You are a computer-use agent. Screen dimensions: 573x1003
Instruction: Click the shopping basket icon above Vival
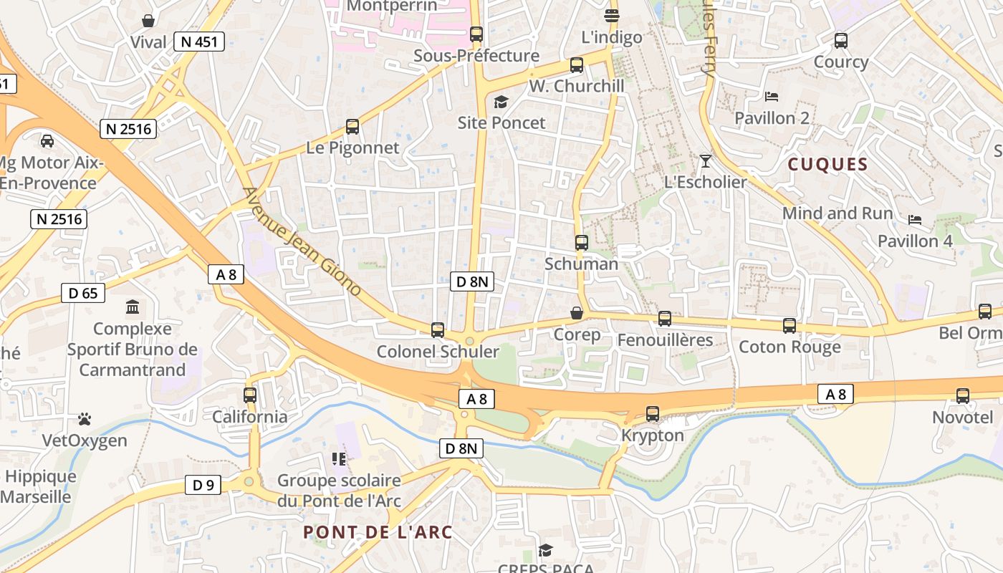tap(148, 20)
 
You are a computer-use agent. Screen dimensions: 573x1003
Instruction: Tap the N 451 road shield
tap(199, 42)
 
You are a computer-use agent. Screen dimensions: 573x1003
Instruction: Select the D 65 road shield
tap(83, 292)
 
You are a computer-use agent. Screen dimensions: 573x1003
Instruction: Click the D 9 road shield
tap(203, 485)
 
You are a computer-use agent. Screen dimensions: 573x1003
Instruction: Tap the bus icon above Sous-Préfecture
tap(476, 34)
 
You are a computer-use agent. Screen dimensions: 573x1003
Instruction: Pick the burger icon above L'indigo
tap(611, 15)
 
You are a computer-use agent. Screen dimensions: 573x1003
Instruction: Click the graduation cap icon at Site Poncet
tap(501, 102)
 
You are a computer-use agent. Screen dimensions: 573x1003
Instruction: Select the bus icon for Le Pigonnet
tap(352, 127)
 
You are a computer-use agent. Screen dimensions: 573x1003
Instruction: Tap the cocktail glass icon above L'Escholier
tap(706, 160)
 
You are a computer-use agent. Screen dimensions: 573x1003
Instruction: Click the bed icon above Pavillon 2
tap(772, 97)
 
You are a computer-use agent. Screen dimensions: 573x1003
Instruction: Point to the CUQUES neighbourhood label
tap(827, 164)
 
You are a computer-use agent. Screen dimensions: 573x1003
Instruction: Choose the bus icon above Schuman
tap(582, 243)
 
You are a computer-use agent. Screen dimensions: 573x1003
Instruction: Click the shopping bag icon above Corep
tap(577, 314)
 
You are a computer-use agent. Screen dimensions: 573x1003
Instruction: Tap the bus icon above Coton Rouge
tap(790, 326)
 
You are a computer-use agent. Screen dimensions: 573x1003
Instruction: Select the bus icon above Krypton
tap(653, 414)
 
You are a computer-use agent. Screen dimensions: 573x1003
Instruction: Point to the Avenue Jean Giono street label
tap(302, 242)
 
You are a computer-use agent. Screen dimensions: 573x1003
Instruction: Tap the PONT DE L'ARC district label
tap(378, 532)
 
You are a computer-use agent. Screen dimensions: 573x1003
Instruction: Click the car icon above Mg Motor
tap(47, 141)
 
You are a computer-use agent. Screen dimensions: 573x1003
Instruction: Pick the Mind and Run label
tap(838, 213)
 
